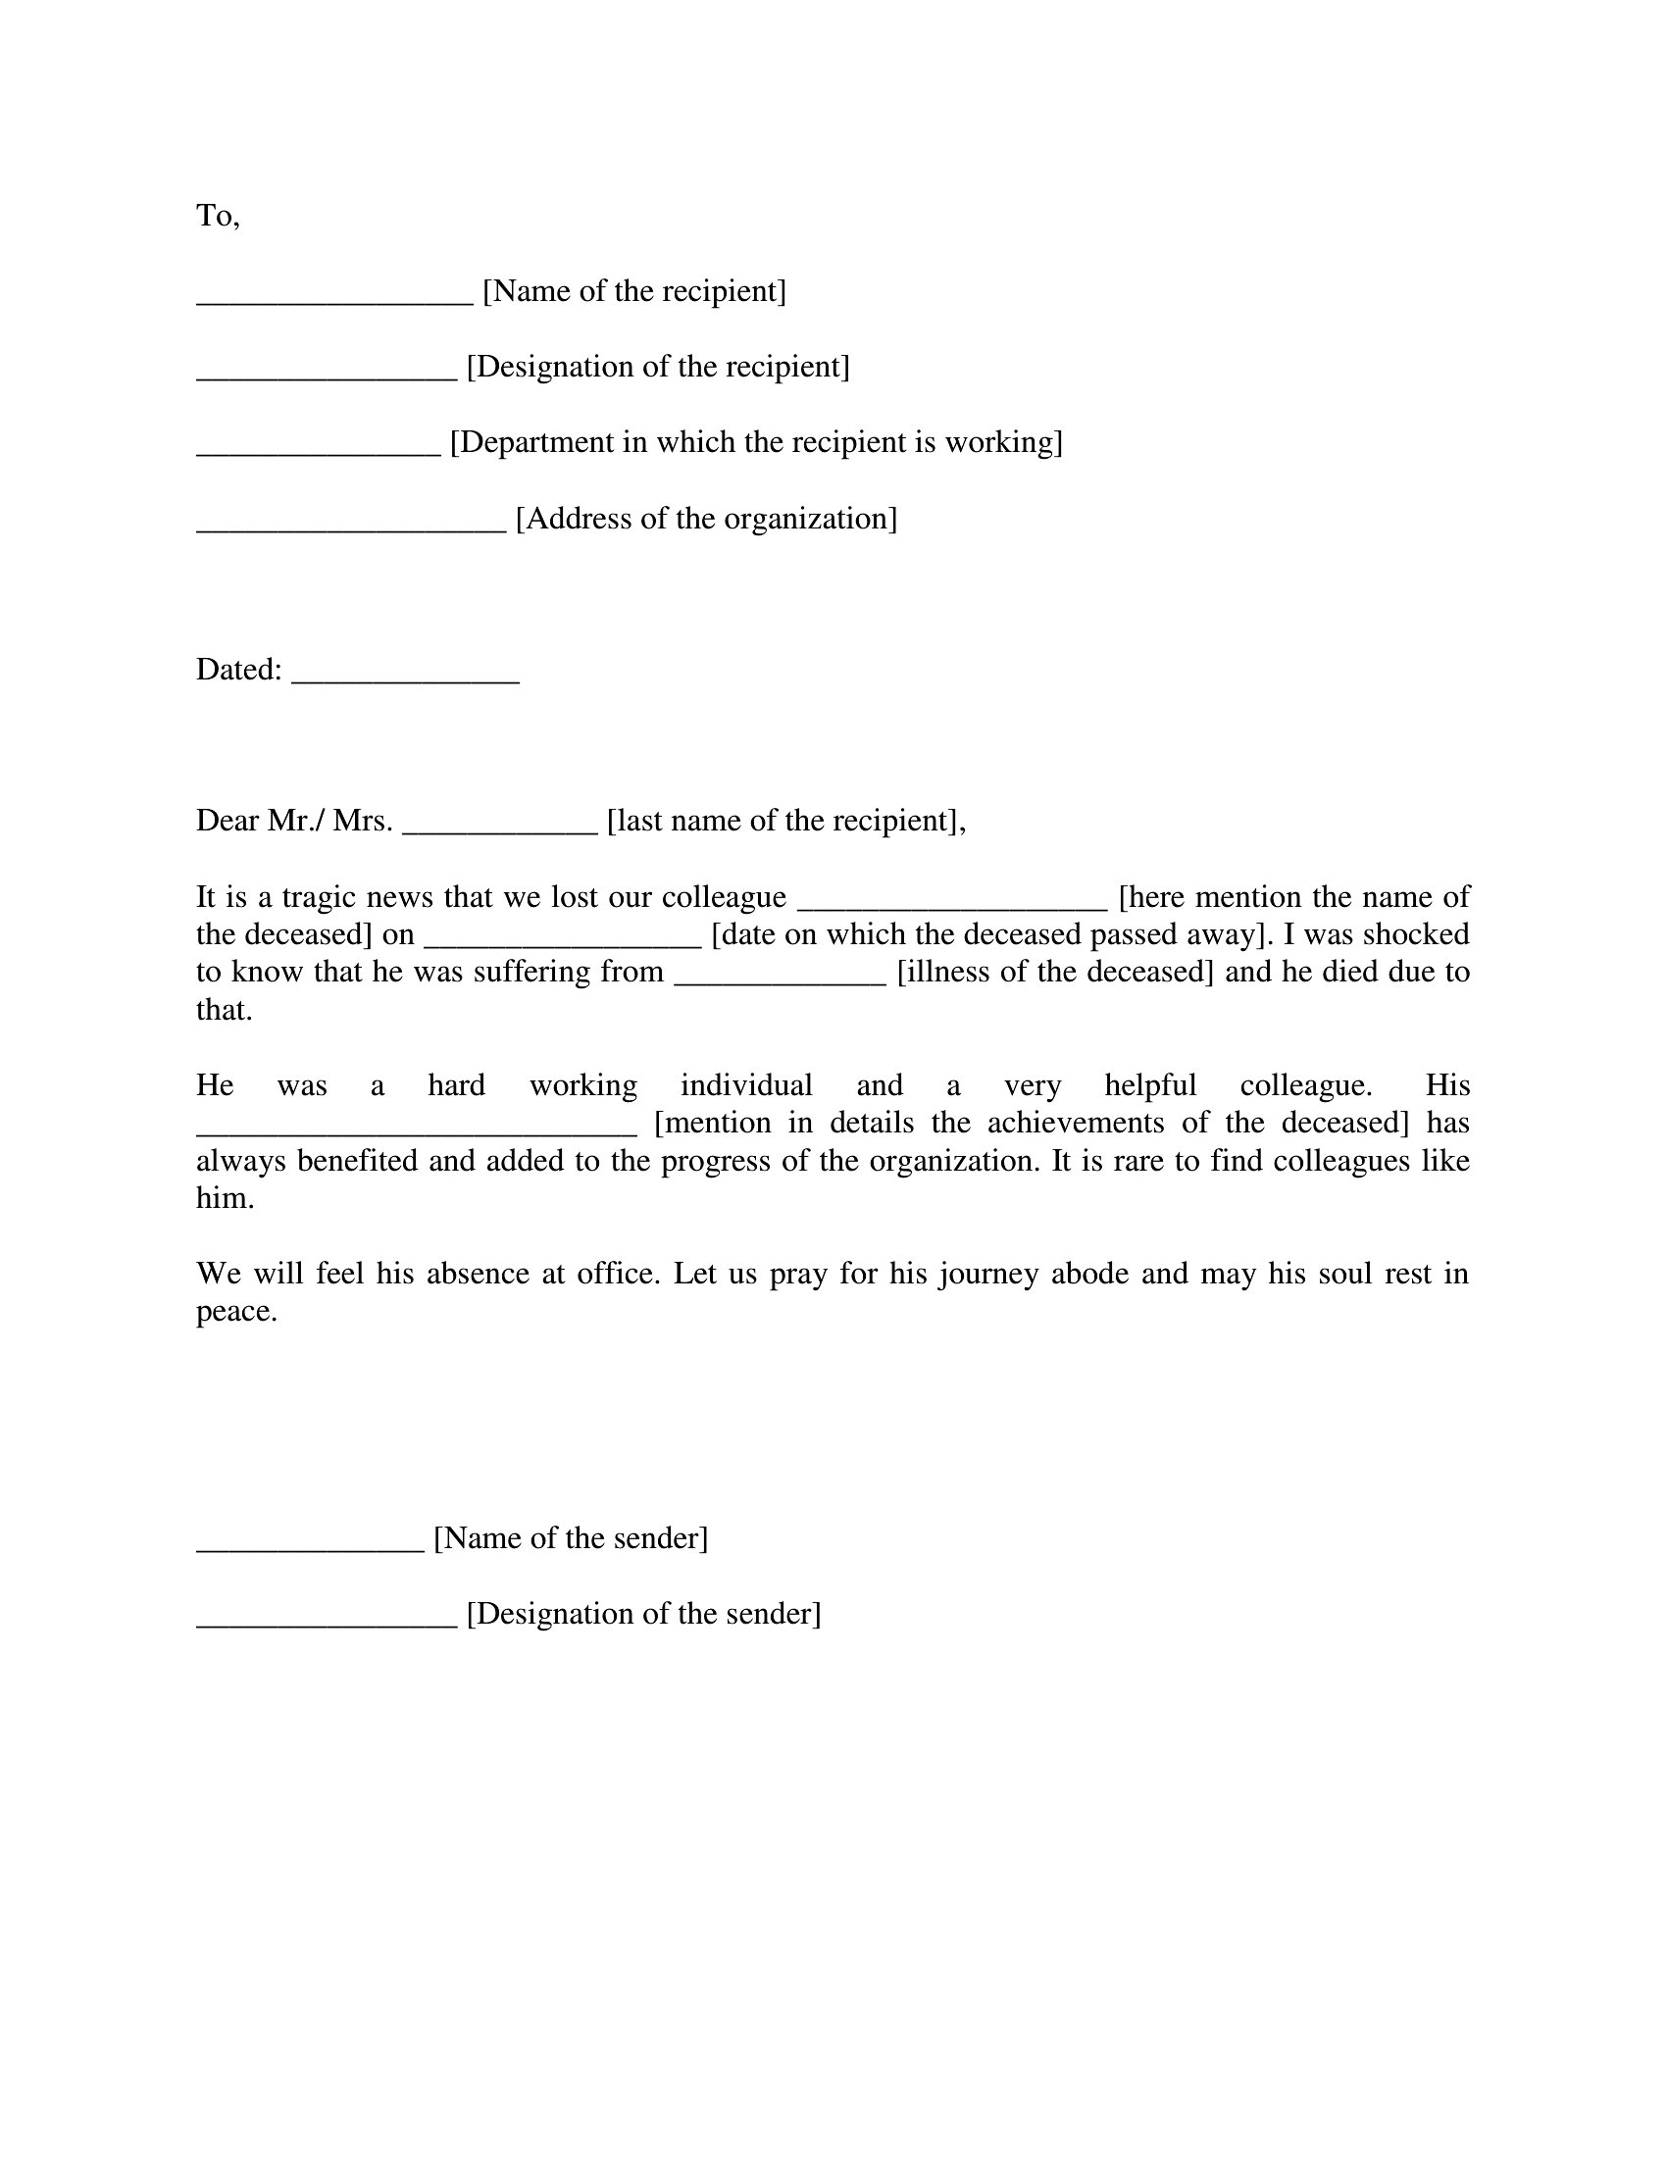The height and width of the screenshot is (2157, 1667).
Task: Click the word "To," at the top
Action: click(x=218, y=216)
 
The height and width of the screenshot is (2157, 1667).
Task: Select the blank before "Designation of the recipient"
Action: click(x=327, y=376)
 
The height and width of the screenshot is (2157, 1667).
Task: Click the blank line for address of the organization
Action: click(x=352, y=528)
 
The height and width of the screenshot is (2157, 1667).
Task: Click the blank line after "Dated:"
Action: click(x=406, y=679)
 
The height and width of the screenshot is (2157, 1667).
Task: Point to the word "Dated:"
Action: click(x=239, y=670)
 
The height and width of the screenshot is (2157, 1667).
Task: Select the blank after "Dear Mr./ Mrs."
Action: click(x=501, y=830)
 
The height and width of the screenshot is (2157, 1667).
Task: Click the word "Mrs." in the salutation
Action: click(x=363, y=821)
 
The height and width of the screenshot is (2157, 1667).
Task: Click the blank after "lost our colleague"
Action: click(x=952, y=907)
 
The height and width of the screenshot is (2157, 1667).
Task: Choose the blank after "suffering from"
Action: click(x=781, y=981)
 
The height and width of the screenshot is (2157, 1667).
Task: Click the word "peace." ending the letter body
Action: click(x=237, y=1313)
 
